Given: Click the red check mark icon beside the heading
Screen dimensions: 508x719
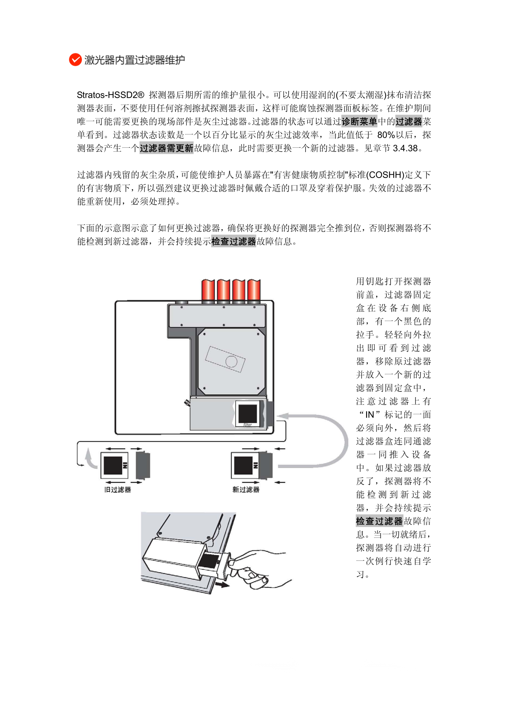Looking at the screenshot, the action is (x=75, y=60).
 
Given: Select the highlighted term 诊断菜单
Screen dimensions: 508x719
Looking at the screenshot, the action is (x=359, y=122).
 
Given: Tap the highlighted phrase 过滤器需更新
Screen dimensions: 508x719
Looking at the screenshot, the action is (x=166, y=148).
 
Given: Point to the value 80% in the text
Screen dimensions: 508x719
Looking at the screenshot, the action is (x=386, y=135).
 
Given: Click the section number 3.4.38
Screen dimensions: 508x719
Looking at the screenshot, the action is (x=406, y=148).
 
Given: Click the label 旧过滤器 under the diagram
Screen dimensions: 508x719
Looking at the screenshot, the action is (x=118, y=490).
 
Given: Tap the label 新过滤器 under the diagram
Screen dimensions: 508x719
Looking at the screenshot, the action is (x=246, y=490).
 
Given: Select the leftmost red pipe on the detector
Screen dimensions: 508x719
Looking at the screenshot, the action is (x=208, y=290).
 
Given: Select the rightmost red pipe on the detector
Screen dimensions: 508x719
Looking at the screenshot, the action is (x=254, y=290).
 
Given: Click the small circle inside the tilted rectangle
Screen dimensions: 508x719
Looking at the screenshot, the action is (x=231, y=361).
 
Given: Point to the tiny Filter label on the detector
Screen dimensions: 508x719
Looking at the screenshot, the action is (x=248, y=425).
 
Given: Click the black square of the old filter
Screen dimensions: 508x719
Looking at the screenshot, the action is (x=113, y=466).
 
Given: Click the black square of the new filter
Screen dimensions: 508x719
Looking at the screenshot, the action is (x=243, y=466).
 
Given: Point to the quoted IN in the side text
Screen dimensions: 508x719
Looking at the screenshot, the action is (x=370, y=415).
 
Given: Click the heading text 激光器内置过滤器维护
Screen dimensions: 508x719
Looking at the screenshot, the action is (x=135, y=60).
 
